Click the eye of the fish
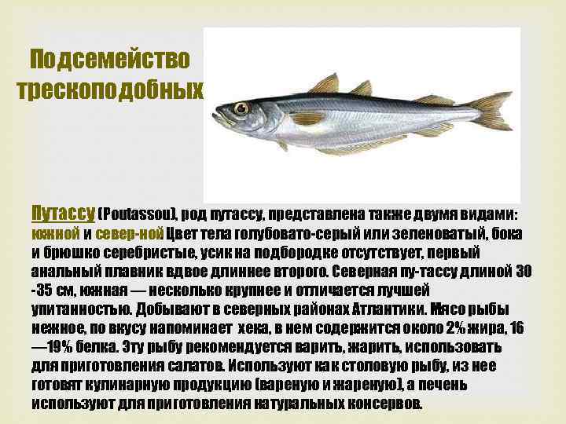point(241,108)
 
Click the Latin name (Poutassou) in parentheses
point(140,214)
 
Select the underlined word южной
point(55,234)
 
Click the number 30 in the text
point(523,272)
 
